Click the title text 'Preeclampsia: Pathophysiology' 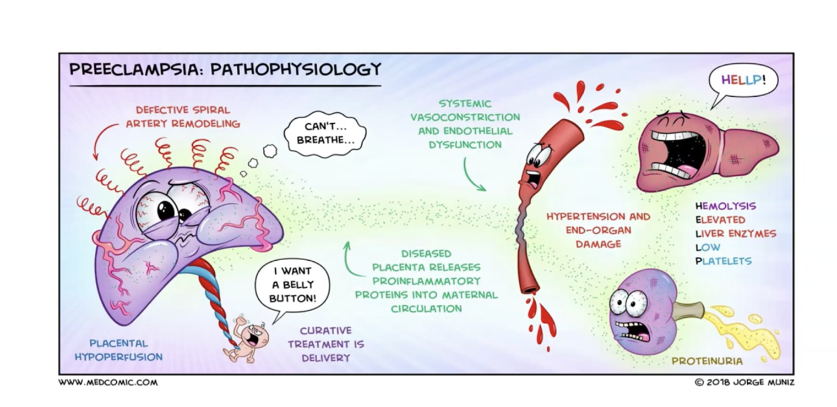pos(225,70)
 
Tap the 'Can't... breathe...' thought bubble pos(325,134)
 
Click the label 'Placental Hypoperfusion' pos(118,350)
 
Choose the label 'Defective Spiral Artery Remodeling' pos(183,117)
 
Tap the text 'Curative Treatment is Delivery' pos(326,344)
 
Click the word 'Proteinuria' pos(706,361)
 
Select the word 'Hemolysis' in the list pos(725,206)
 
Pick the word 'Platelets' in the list pos(723,261)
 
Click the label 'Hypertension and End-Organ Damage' pos(598,230)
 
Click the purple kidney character pos(639,311)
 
